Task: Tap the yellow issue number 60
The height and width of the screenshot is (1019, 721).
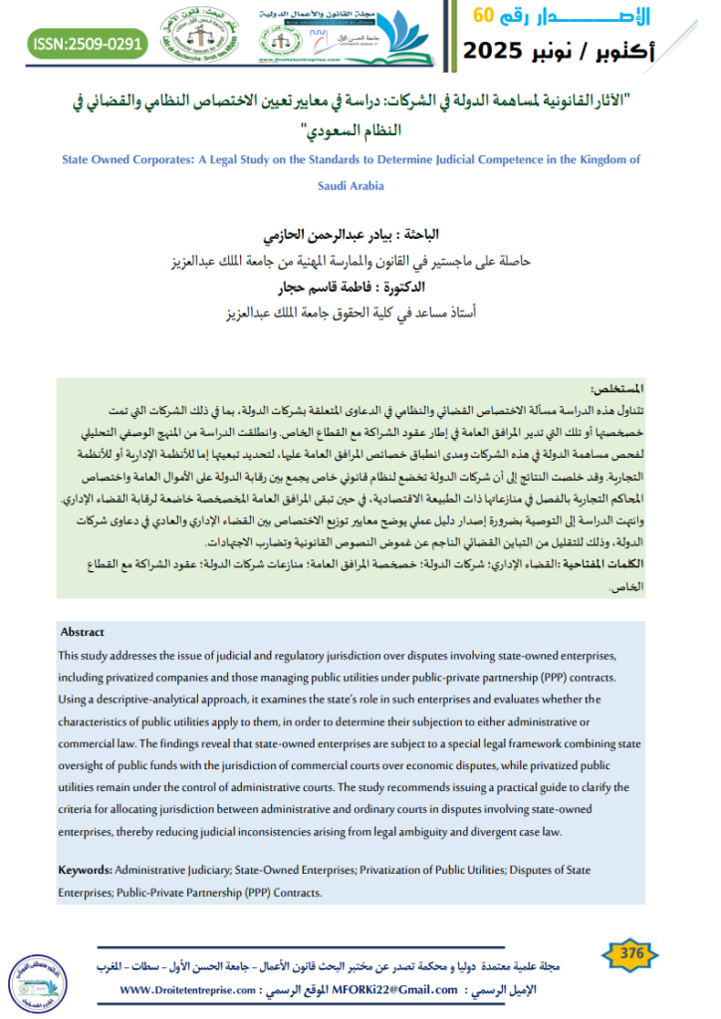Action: pyautogui.click(x=483, y=15)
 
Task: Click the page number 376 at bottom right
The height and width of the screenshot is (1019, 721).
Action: pyautogui.click(x=631, y=954)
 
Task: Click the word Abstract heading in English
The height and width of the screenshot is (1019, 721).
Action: pyautogui.click(x=82, y=632)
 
